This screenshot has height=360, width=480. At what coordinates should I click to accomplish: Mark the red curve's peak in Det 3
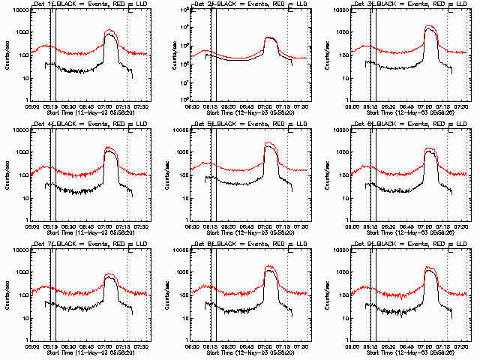click(430, 26)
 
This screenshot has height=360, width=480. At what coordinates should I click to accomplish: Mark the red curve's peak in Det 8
click(270, 266)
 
